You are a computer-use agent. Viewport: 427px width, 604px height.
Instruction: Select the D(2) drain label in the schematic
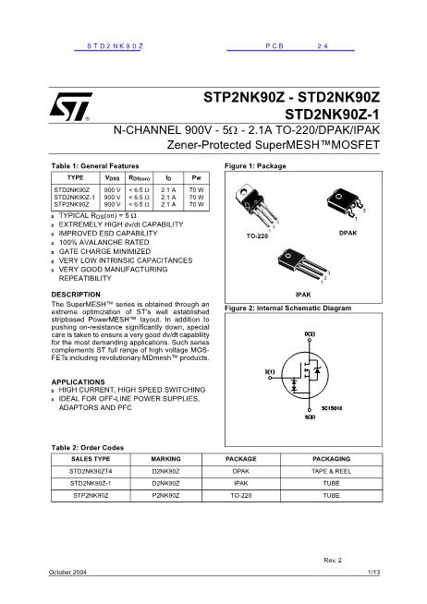point(310,332)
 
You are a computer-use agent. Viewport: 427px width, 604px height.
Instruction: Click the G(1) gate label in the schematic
point(271,371)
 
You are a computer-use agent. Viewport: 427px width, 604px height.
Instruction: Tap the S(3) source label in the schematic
point(310,417)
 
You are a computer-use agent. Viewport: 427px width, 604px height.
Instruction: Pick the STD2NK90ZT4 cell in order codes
point(90,470)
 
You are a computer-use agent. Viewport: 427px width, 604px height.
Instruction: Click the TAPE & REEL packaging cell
point(331,470)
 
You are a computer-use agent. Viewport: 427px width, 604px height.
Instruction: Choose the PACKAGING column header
point(331,458)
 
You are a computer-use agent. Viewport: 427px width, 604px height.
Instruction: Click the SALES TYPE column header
point(90,458)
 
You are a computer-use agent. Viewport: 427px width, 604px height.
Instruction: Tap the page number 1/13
point(372,574)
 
